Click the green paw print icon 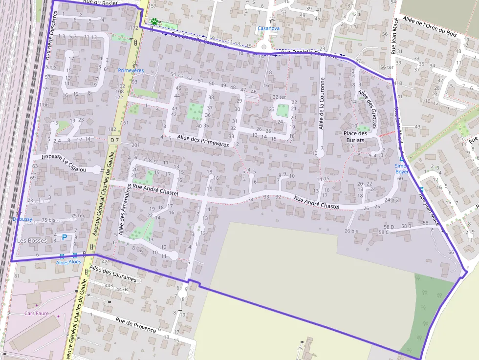pos(154,21)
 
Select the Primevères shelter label pos(131,70)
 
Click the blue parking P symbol pos(64,237)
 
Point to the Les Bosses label pos(32,241)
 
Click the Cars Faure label pos(37,313)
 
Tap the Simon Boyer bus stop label pos(402,169)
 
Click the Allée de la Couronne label pos(322,104)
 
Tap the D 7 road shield pos(114,140)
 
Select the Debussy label pos(23,219)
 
